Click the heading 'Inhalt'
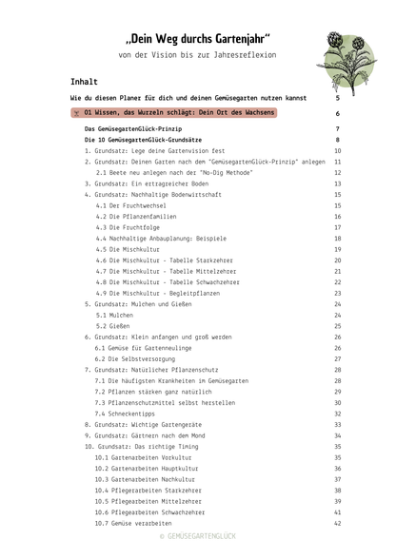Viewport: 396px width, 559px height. click(x=84, y=83)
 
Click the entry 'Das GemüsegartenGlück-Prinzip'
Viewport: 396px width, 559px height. click(x=132, y=128)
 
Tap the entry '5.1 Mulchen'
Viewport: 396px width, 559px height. click(x=114, y=315)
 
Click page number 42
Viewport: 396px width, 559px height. click(x=337, y=523)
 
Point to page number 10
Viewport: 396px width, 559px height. click(x=337, y=150)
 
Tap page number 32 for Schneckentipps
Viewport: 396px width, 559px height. click(x=337, y=414)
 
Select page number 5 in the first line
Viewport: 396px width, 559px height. click(x=337, y=98)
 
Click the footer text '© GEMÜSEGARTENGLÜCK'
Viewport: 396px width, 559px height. click(x=197, y=539)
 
